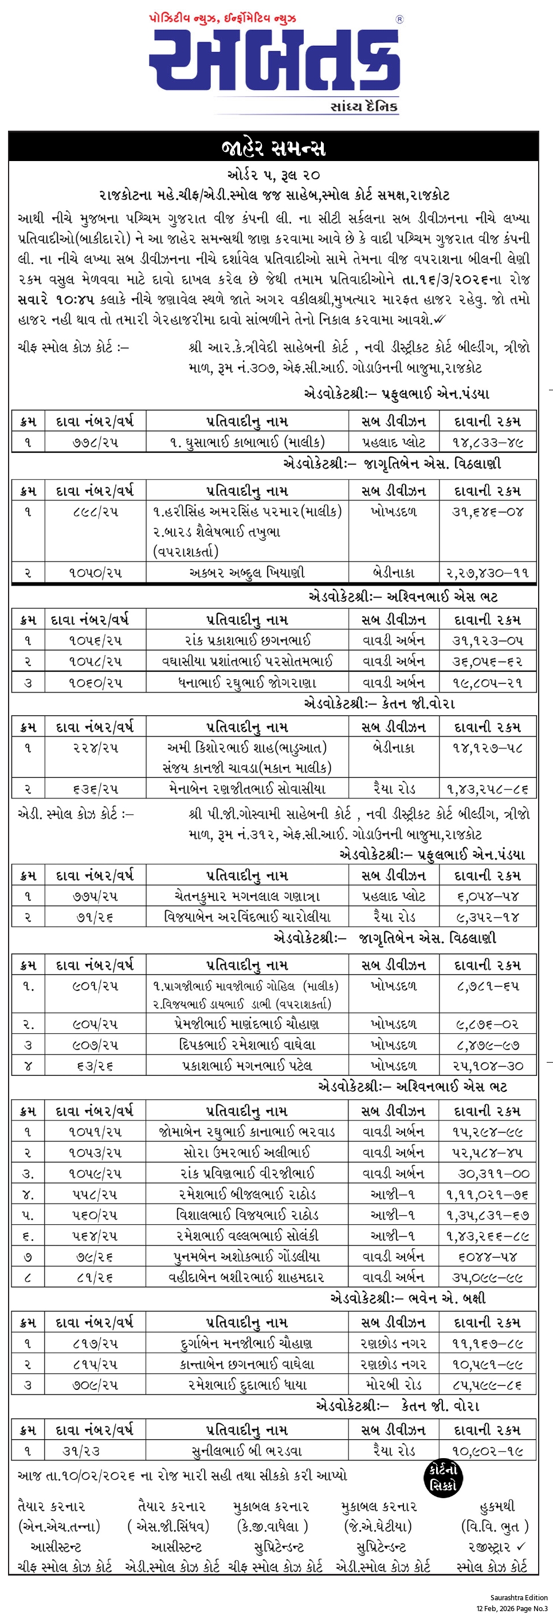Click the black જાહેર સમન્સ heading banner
pyautogui.click(x=274, y=148)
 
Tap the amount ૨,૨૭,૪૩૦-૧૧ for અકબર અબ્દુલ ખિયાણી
pyautogui.click(x=487, y=572)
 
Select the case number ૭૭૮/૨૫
pyautogui.click(x=95, y=442)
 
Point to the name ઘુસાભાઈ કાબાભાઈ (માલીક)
pyautogui.click(x=248, y=442)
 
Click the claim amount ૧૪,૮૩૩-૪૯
pyautogui.click(x=488, y=442)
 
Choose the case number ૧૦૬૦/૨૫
pyautogui.click(x=95, y=682)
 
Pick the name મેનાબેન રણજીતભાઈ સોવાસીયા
pyautogui.click(x=248, y=788)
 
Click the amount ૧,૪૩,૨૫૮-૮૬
pyautogui.click(x=487, y=788)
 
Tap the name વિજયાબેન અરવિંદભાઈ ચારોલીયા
pyautogui.click(x=248, y=916)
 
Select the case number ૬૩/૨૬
pyautogui.click(x=95, y=1065)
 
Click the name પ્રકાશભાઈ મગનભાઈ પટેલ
pyautogui.click(x=248, y=1065)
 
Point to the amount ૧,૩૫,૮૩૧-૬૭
pyautogui.click(x=487, y=1214)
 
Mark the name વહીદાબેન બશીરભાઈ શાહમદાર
pyautogui.click(x=248, y=1276)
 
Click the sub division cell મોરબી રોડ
pyautogui.click(x=394, y=1384)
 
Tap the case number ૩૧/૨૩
pyautogui.click(x=81, y=1451)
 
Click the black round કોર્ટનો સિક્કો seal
pyautogui.click(x=443, y=1478)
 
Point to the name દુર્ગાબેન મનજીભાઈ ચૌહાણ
pyautogui.click(x=248, y=1343)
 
